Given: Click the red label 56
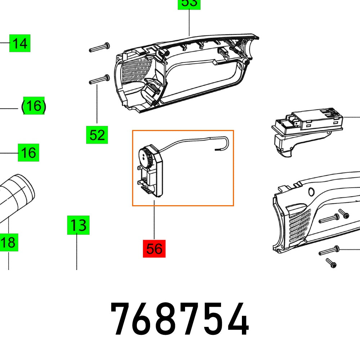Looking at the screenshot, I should (154, 249).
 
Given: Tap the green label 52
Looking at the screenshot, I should (97, 135).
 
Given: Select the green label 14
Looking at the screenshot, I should (20, 44).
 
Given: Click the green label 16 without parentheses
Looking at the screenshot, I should (28, 153).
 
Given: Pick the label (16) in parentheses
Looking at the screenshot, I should (33, 106).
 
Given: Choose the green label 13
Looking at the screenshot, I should (78, 226).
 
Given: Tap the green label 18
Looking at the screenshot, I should (8, 242).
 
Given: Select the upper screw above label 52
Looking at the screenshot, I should (99, 47).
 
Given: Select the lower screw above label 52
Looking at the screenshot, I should (99, 79).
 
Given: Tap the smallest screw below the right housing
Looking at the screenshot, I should (331, 262).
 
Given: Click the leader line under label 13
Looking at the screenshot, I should (77, 252).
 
